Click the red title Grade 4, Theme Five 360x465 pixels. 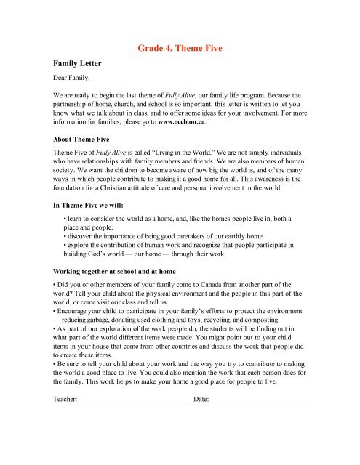pos(180,49)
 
